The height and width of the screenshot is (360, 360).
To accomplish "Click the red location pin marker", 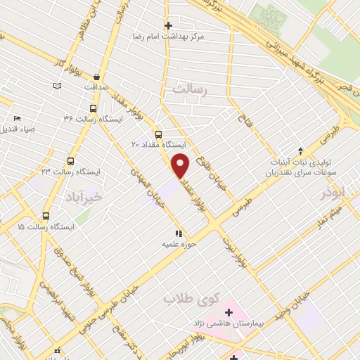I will (x=181, y=167).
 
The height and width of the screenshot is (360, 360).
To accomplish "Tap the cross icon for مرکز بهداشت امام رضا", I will (x=167, y=24).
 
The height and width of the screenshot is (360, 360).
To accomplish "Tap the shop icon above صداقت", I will (x=96, y=77).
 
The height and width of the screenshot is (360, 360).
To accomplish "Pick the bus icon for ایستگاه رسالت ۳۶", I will (x=93, y=108).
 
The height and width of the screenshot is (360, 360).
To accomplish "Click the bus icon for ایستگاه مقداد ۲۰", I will (x=157, y=134).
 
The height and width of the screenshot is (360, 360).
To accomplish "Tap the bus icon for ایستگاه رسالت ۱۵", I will (x=46, y=217).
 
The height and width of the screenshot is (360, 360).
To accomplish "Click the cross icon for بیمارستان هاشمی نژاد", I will (x=228, y=311).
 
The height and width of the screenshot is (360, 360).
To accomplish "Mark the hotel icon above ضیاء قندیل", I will (x=17, y=118).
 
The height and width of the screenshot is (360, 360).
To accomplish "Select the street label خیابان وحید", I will (x=313, y=301).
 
